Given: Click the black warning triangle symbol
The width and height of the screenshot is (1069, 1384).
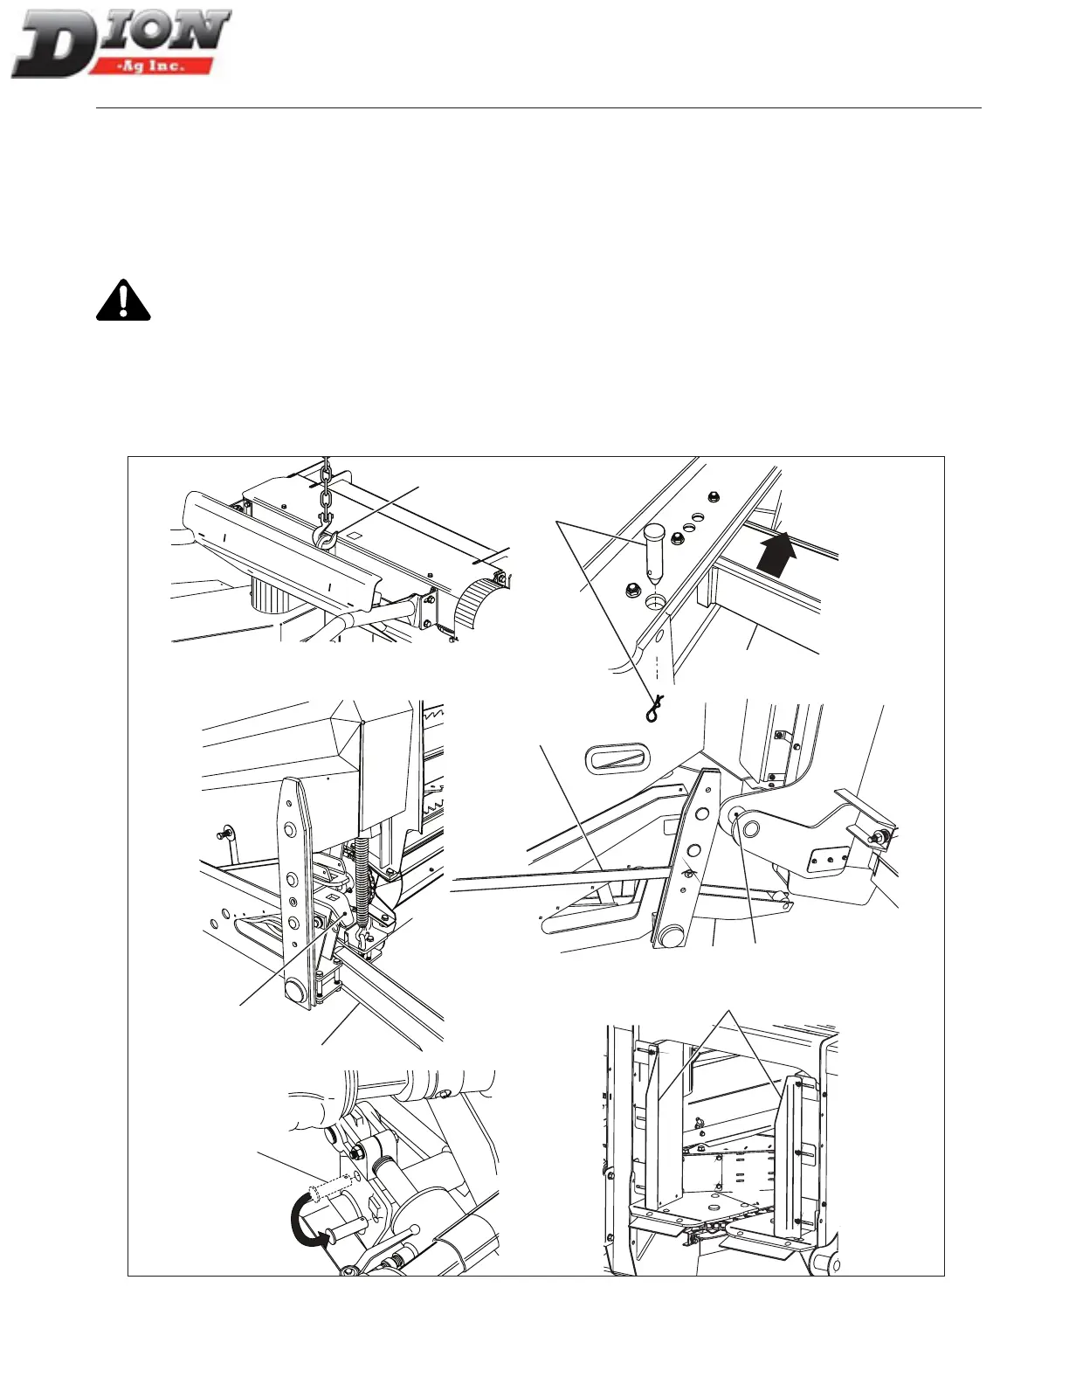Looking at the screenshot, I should (x=123, y=301).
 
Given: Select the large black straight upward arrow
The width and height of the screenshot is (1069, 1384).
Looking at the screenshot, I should (x=777, y=552).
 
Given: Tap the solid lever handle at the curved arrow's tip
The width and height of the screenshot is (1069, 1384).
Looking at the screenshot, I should (x=342, y=1233).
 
